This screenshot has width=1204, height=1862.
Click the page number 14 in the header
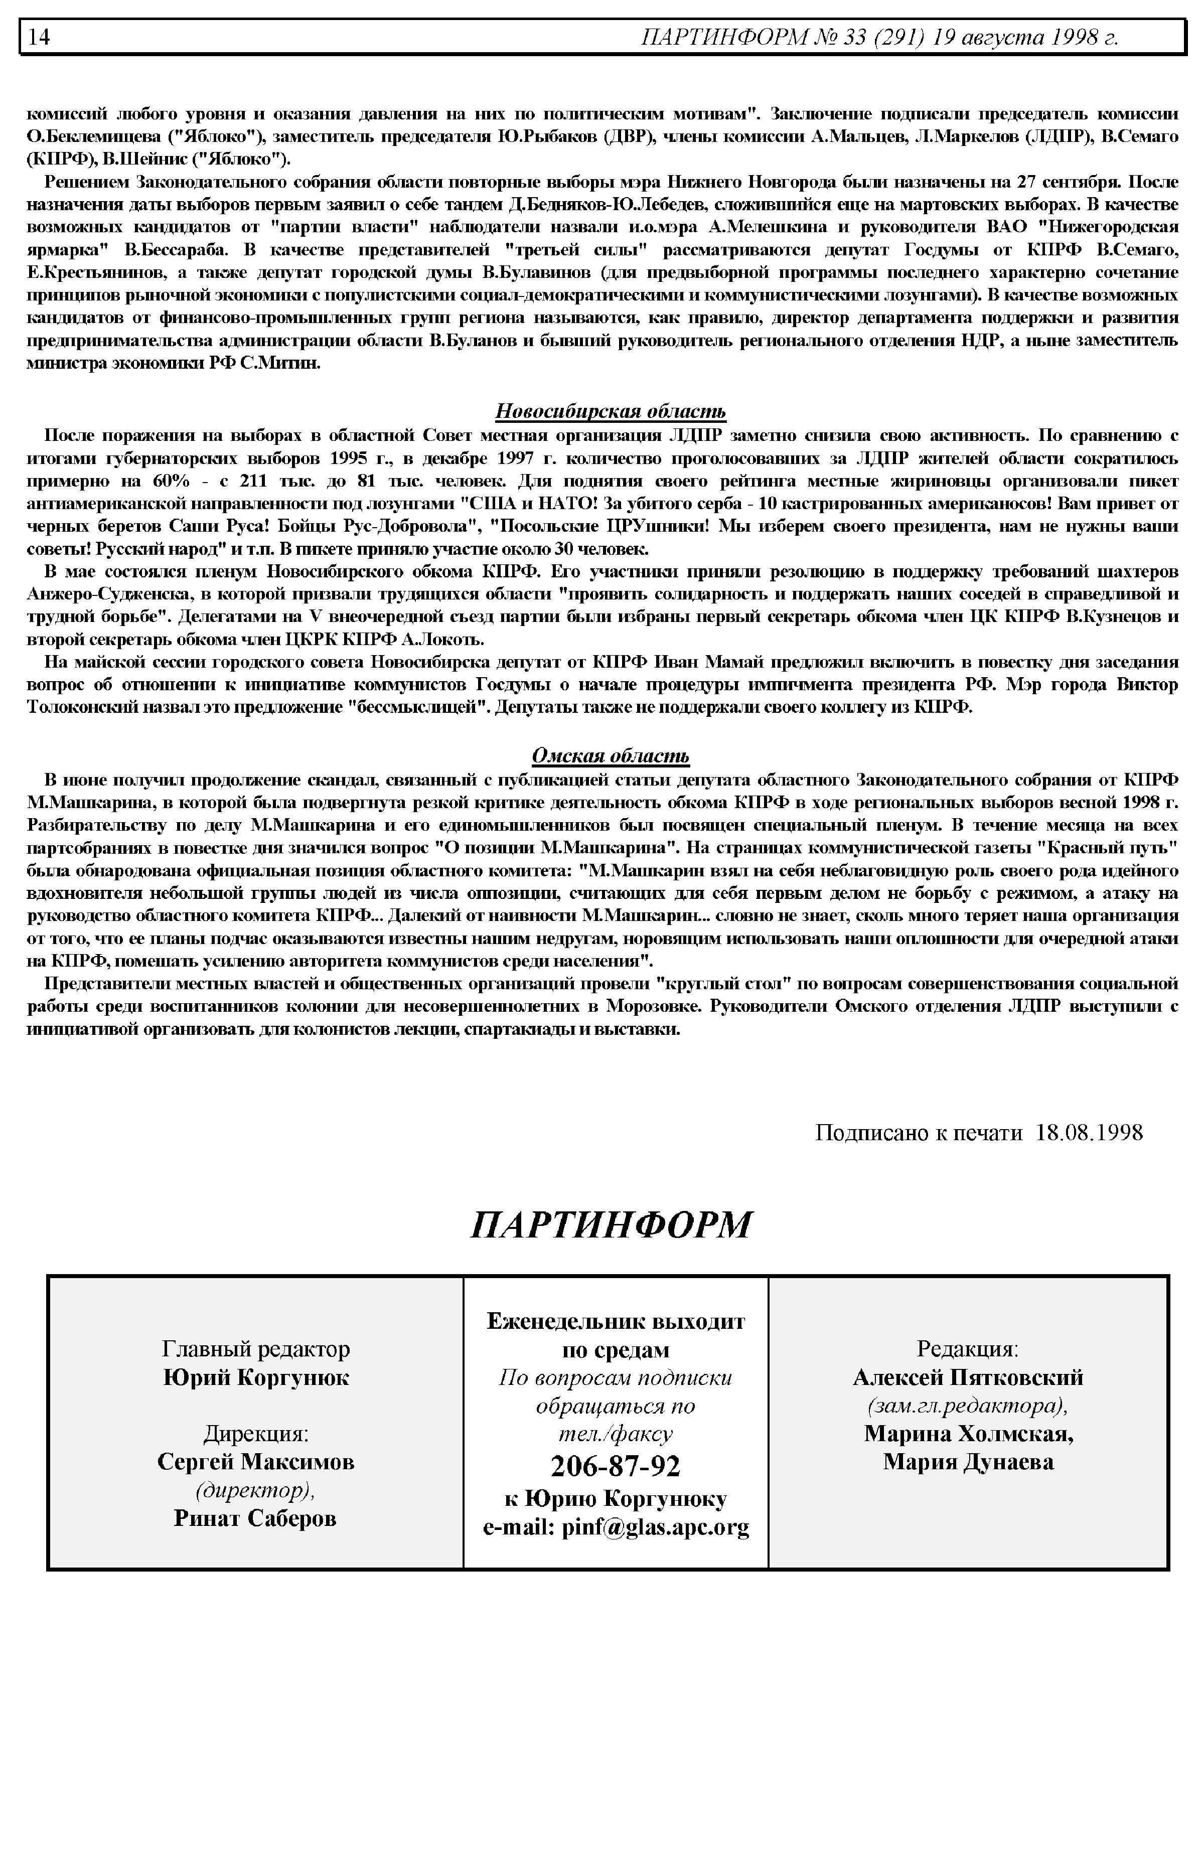pyautogui.click(x=40, y=37)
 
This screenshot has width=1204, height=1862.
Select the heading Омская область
pyautogui.click(x=611, y=756)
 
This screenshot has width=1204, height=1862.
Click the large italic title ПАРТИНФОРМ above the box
pyautogui.click(x=611, y=1225)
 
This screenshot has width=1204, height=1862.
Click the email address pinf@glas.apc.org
pyautogui.click(x=655, y=1526)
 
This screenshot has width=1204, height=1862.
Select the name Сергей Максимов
pyautogui.click(x=256, y=1461)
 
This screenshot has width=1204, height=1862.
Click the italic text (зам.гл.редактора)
pyautogui.click(x=967, y=1406)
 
